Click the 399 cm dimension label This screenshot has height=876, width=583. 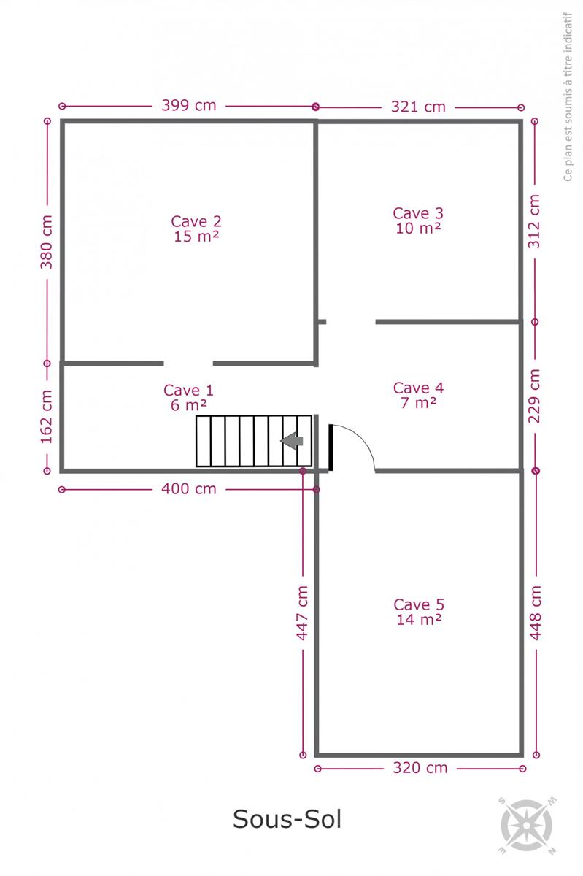(189, 105)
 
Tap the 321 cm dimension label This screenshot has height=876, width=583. (418, 107)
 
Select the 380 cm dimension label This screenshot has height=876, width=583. (47, 242)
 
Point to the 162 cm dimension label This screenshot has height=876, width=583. (47, 417)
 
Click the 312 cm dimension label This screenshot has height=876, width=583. (534, 221)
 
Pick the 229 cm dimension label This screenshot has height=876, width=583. (534, 396)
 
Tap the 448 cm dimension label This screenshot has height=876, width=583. (536, 612)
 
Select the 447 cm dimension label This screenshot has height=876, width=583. (302, 612)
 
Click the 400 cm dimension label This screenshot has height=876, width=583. (189, 489)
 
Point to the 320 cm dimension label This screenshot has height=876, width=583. (420, 768)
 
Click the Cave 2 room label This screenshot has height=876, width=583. (196, 221)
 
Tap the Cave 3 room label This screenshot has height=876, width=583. (418, 213)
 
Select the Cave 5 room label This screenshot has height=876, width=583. (419, 604)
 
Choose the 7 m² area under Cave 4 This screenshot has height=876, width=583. (418, 402)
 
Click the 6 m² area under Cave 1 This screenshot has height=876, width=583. (189, 404)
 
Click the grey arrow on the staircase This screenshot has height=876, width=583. (292, 441)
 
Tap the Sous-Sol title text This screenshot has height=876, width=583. (287, 818)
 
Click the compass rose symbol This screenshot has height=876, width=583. (527, 825)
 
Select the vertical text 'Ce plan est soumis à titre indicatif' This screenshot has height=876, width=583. (568, 96)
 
